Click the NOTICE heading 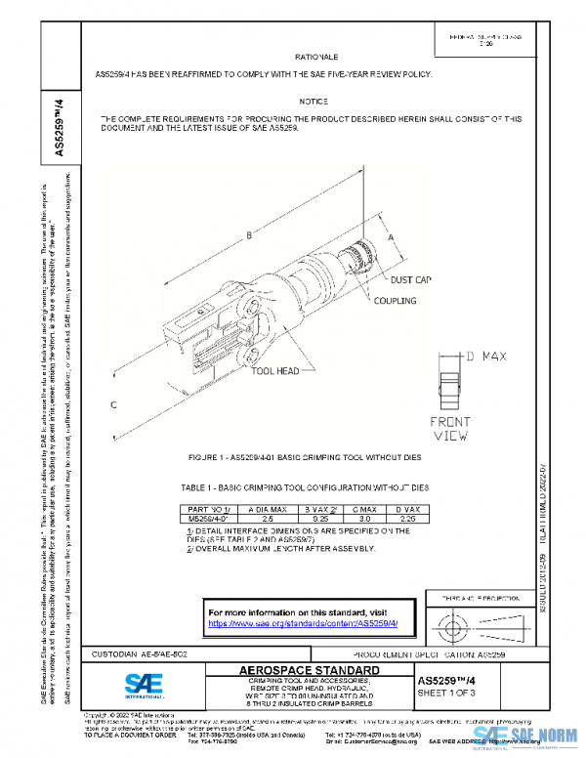(x=314, y=102)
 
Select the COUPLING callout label (x=395, y=301)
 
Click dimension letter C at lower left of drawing (x=114, y=403)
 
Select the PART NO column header (x=206, y=510)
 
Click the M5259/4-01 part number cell (x=206, y=519)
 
